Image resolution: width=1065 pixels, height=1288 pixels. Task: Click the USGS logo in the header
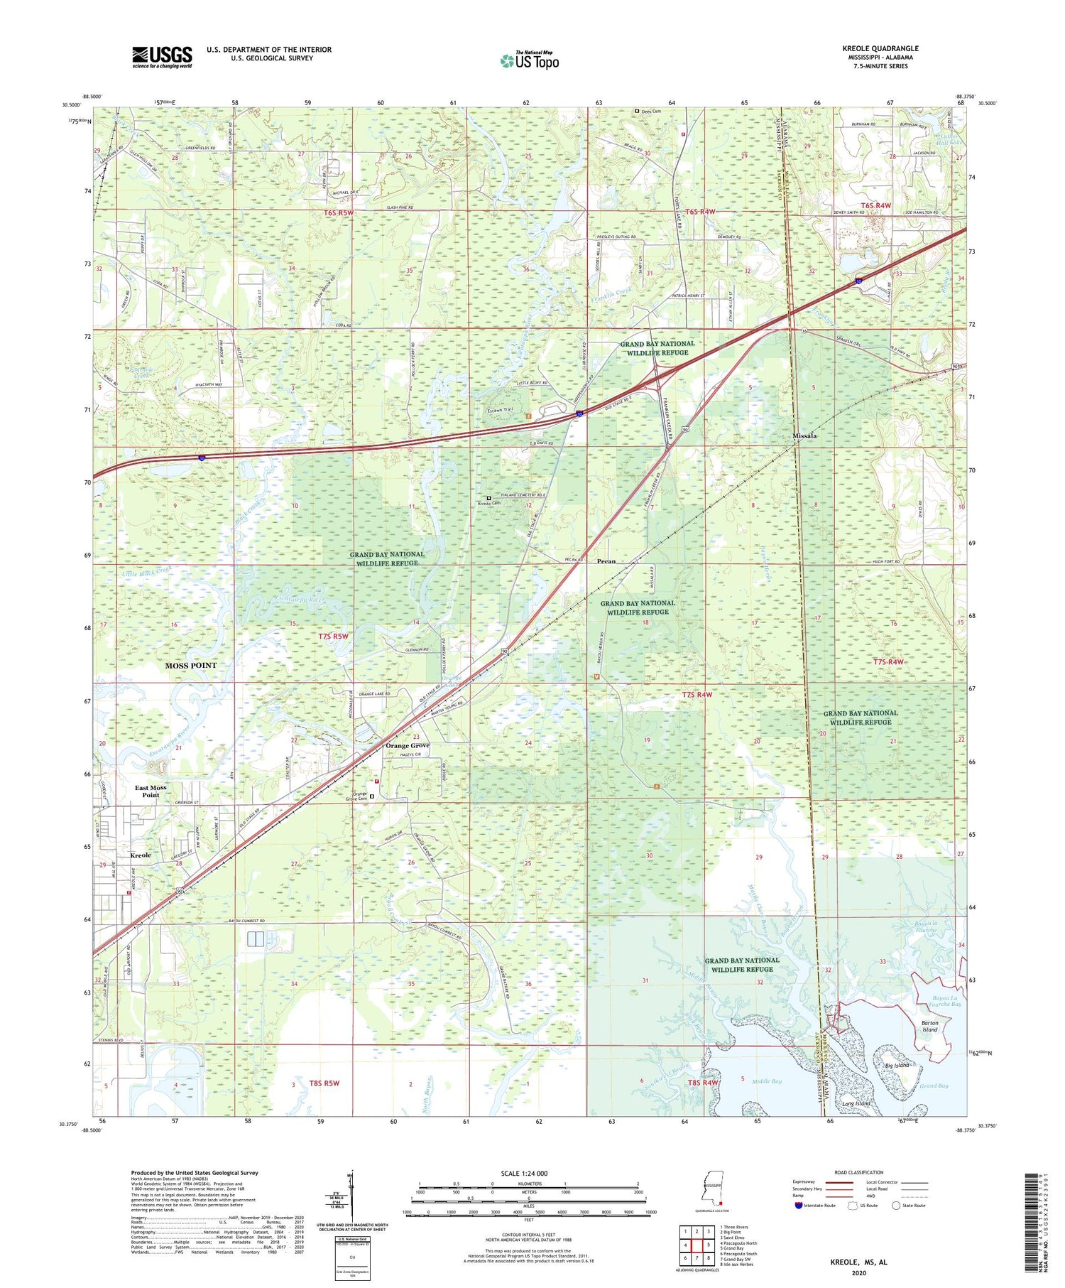162,57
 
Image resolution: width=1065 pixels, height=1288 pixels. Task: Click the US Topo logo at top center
529,61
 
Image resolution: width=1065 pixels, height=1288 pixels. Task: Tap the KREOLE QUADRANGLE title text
880,49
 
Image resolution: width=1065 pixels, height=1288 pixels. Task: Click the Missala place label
804,435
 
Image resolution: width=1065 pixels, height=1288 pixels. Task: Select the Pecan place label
606,561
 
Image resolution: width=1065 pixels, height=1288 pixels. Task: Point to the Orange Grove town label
407,745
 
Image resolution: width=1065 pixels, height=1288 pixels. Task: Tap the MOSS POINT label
191,666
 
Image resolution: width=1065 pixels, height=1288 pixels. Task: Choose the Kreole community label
141,855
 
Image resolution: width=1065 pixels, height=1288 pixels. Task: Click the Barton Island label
929,1026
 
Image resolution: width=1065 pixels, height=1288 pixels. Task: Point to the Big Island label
897,1066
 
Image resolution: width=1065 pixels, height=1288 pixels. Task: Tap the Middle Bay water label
766,1081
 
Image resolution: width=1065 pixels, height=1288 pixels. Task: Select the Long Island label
856,1103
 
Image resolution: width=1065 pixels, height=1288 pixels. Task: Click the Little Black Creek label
147,570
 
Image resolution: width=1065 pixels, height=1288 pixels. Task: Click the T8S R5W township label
324,1083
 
